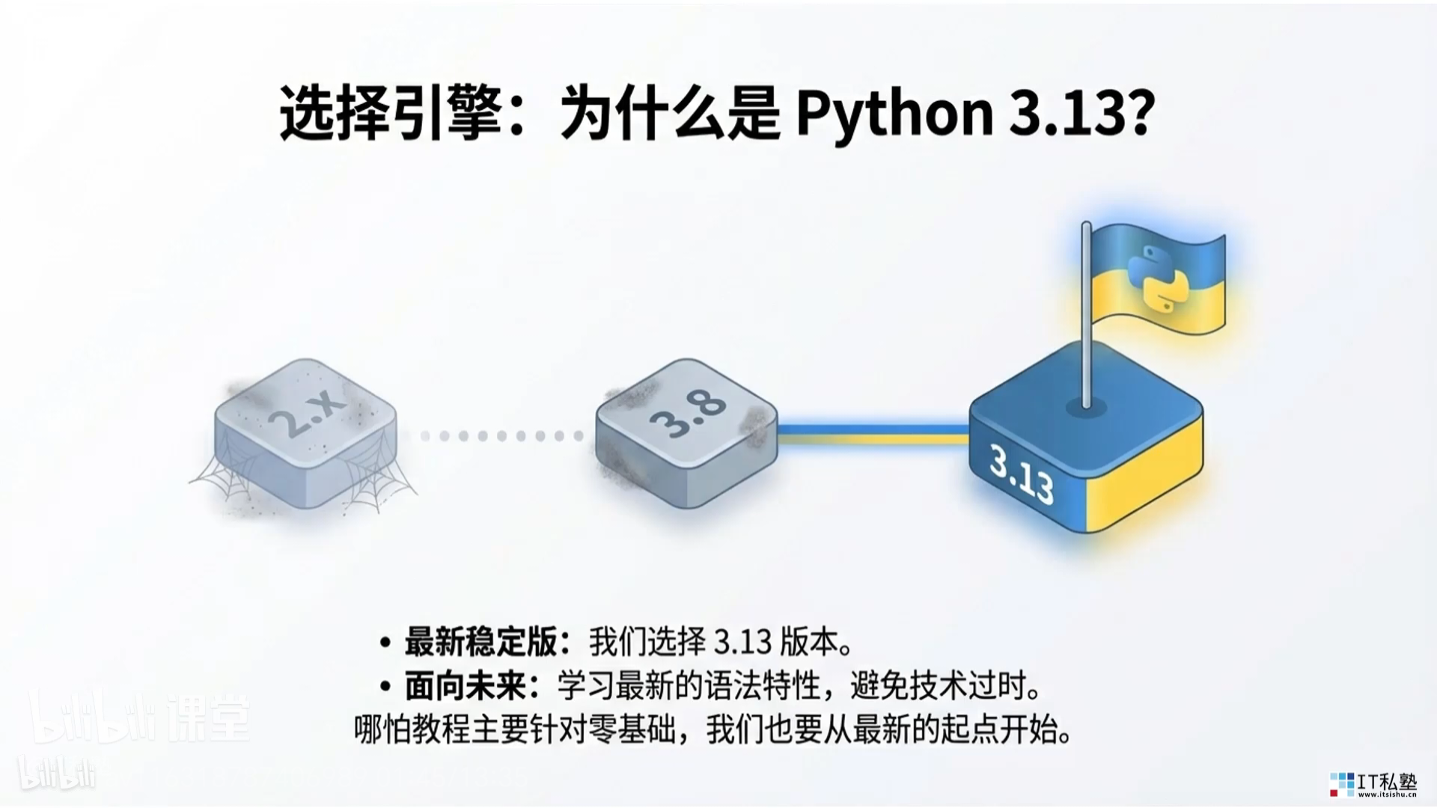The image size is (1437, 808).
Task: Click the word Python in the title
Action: [894, 114]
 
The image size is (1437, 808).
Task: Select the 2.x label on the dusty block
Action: [306, 412]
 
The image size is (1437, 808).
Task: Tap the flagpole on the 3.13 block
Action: [1086, 314]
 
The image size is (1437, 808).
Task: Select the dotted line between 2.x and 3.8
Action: [501, 435]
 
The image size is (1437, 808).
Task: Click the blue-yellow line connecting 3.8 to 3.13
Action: [873, 435]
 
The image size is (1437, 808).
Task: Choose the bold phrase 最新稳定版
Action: [480, 642]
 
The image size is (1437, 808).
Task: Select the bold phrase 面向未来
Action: [465, 686]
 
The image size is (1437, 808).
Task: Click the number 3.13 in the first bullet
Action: [742, 642]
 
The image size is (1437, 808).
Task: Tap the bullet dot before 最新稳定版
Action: [385, 643]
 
